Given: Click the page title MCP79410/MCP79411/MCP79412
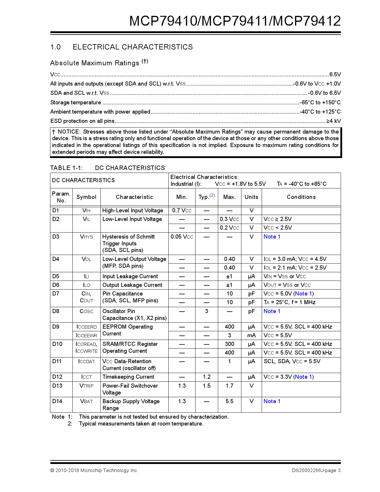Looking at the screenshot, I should pos(235,21).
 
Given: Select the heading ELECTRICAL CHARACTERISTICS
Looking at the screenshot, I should pos(133,47).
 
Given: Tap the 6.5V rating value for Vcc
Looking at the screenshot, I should pos(335,75).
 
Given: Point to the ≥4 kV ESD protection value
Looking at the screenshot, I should pos(334,121).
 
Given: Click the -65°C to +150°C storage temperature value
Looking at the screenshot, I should pos(320,103).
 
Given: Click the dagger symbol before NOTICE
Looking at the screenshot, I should pos(54,132).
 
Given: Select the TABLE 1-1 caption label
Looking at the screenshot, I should pos(66,168).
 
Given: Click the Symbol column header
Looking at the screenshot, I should pos(86,197).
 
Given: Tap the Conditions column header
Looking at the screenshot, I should pos(301,197).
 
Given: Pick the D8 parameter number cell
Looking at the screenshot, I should pos(56,311).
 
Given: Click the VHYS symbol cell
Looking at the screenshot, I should pos(86,237).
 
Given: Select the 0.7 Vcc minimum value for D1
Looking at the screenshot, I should pos(182,211).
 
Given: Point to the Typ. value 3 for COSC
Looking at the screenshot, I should pos(207,311).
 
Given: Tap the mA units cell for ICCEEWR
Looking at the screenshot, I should pos(251,335).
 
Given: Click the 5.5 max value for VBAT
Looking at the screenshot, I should pos(229,401).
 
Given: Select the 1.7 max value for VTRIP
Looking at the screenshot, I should pos(229,386).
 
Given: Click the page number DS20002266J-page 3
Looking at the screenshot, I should pos(316,471).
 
